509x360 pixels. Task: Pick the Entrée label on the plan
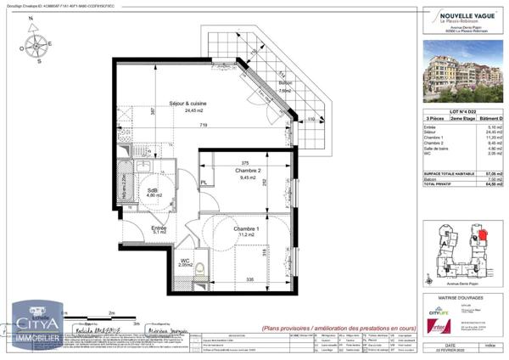click(x=159, y=228)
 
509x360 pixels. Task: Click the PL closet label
click(x=204, y=182)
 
